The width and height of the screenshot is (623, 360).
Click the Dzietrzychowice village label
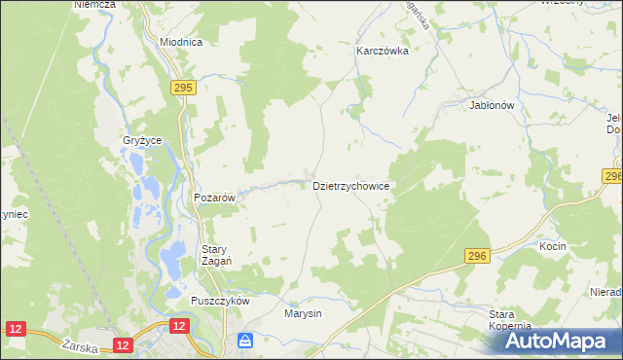(351, 185)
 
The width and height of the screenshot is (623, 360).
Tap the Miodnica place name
(180, 43)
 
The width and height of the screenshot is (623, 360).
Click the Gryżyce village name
(142, 140)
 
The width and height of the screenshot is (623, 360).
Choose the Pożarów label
(215, 198)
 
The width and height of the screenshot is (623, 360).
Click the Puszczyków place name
(221, 301)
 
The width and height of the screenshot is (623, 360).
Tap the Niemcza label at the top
(94, 5)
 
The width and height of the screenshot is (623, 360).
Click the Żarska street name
(77, 345)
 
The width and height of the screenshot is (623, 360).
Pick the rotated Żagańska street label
(421, 15)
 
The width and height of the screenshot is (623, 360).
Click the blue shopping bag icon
(245, 341)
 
